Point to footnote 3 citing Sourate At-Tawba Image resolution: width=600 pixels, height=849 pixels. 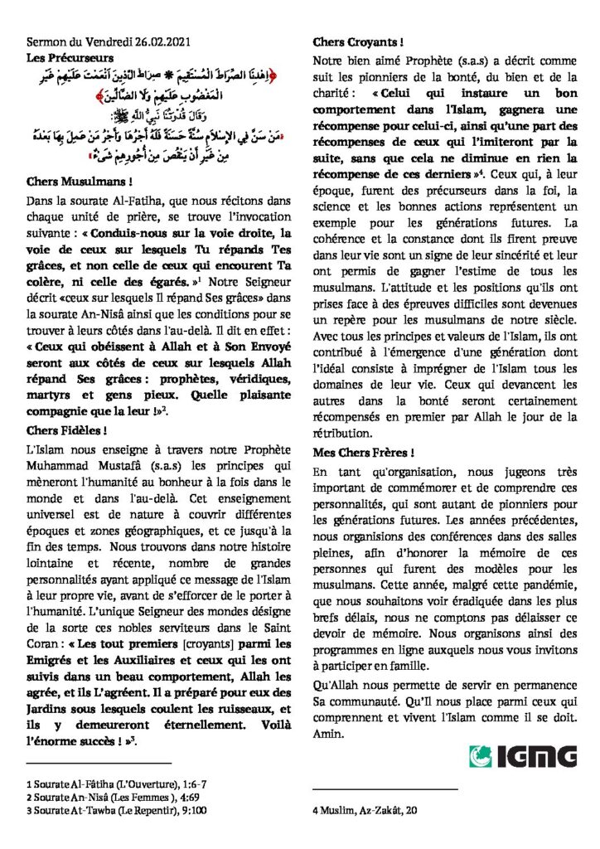(x=100, y=808)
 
